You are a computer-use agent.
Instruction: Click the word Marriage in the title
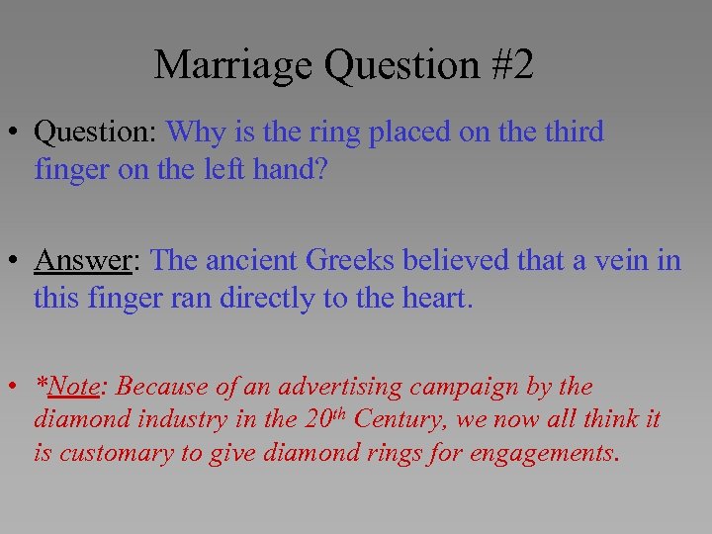(x=233, y=65)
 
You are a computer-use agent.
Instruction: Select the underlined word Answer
(x=83, y=260)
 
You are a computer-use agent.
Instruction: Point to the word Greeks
(x=349, y=260)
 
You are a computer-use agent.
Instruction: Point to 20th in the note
(x=324, y=418)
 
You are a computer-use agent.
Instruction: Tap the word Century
(x=396, y=419)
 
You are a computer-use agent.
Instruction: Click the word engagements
(x=555, y=453)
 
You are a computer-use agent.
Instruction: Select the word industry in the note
(x=185, y=419)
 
